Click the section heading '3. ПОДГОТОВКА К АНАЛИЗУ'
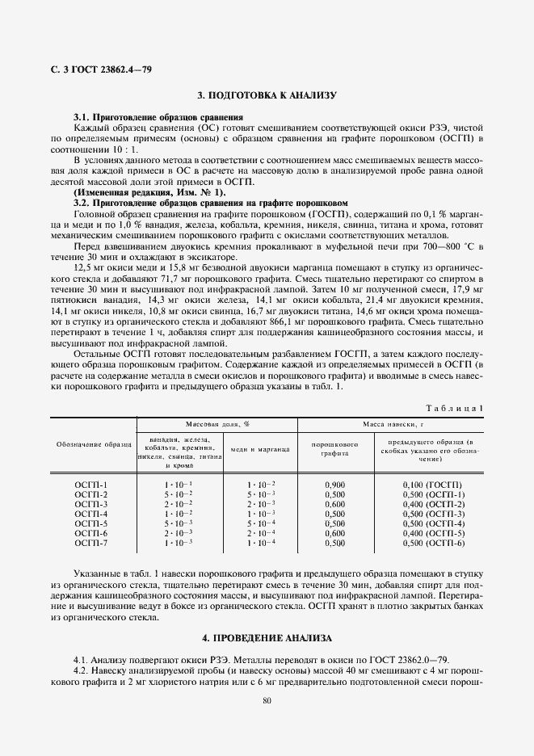point(267,95)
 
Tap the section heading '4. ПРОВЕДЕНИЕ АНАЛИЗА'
point(267,638)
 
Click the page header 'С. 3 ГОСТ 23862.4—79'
point(96,69)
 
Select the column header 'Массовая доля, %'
point(217,423)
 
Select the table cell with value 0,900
point(334,484)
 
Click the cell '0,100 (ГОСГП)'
point(432,484)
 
